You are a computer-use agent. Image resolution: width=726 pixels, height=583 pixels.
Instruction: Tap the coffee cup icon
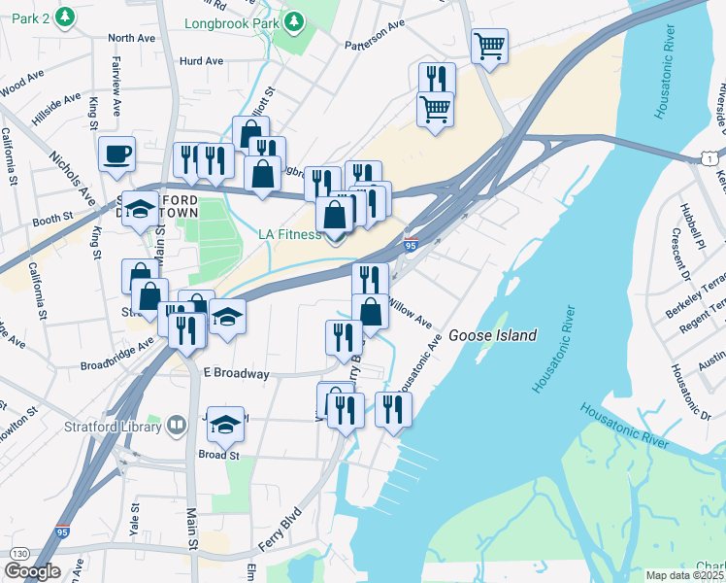117,154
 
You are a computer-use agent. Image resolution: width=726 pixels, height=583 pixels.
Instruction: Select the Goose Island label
492,335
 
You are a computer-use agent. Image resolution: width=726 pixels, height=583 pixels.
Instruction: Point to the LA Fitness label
289,234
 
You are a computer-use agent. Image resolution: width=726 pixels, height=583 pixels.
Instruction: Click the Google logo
31,571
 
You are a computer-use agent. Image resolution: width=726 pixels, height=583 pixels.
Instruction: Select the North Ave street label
132,38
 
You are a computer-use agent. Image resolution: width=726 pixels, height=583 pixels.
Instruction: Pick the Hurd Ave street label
201,60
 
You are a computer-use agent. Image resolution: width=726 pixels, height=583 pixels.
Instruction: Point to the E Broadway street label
236,373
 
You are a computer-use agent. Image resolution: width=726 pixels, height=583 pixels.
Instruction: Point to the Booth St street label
52,220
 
